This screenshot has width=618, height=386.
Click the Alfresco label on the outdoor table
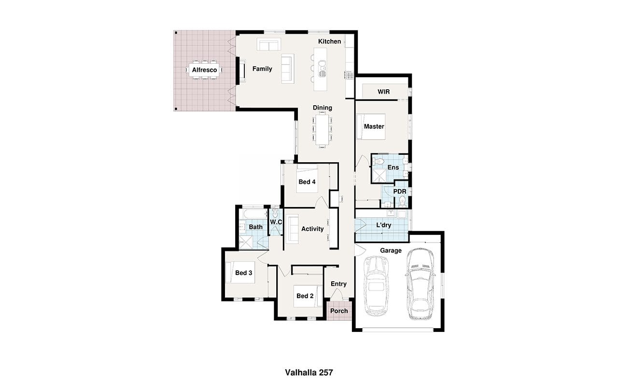(x=204, y=70)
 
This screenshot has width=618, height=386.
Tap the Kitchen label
(x=329, y=41)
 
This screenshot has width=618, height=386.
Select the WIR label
(x=384, y=92)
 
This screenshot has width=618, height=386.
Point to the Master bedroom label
(x=374, y=126)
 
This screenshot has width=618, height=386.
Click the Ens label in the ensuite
(x=393, y=167)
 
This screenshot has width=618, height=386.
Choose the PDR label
(x=400, y=192)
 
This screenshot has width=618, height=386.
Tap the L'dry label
(x=384, y=225)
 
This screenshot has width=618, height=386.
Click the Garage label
(x=391, y=250)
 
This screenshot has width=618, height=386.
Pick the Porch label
(x=339, y=311)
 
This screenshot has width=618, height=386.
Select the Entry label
(x=338, y=284)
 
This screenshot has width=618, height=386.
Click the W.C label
(x=276, y=222)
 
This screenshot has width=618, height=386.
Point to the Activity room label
(x=312, y=229)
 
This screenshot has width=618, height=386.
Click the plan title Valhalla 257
(x=309, y=372)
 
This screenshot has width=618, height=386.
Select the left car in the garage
(x=377, y=286)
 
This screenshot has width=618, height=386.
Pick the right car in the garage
(x=420, y=284)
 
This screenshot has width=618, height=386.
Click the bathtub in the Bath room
(x=255, y=214)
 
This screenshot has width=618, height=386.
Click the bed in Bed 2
(x=308, y=296)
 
